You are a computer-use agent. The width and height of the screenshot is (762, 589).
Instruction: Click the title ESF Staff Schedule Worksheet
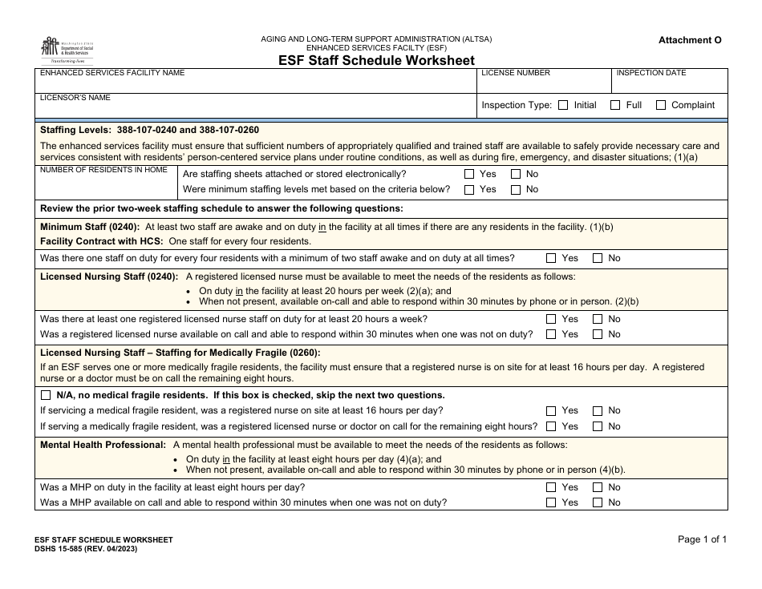[376, 60]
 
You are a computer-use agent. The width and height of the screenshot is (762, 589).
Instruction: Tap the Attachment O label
[690, 40]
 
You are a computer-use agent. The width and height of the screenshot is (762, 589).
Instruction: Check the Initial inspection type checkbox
[563, 105]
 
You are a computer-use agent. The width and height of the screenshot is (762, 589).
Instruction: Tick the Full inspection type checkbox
[615, 105]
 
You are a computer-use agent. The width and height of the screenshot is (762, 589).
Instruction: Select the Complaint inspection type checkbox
[661, 105]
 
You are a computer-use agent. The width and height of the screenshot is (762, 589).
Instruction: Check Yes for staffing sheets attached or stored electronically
[469, 174]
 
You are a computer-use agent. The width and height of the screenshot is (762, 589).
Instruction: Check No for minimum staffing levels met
[516, 190]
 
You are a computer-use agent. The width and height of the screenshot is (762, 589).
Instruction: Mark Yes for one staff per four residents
[551, 259]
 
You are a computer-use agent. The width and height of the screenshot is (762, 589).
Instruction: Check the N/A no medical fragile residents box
[45, 396]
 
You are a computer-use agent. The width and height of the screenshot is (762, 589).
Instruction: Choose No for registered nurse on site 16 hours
[598, 410]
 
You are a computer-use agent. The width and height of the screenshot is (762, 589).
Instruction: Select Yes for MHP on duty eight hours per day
[551, 487]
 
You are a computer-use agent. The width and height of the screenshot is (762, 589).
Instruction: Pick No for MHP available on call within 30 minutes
[598, 502]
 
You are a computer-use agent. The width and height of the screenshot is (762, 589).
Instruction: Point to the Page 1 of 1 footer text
[702, 540]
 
